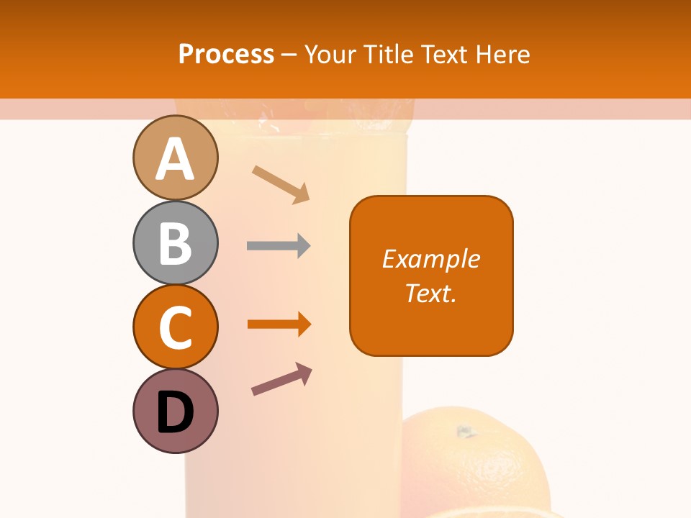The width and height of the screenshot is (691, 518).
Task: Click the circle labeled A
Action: (x=175, y=158)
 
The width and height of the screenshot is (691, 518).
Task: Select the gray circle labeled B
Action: (x=175, y=242)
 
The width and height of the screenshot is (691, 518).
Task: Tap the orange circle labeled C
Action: (x=175, y=327)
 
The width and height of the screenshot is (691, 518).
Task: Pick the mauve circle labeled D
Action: (x=175, y=411)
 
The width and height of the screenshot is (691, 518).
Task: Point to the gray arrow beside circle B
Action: (x=279, y=246)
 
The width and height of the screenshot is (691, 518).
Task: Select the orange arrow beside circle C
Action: (x=279, y=324)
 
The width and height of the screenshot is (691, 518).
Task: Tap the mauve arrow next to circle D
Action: (x=281, y=379)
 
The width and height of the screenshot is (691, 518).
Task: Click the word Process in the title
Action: (x=226, y=54)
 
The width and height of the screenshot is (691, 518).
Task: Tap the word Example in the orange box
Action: (x=430, y=259)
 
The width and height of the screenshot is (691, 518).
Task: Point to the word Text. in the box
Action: (x=430, y=293)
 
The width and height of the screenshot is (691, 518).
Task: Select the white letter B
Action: (x=175, y=243)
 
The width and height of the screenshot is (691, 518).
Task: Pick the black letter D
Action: (x=175, y=412)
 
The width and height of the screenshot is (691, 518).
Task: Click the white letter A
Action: (x=175, y=159)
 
